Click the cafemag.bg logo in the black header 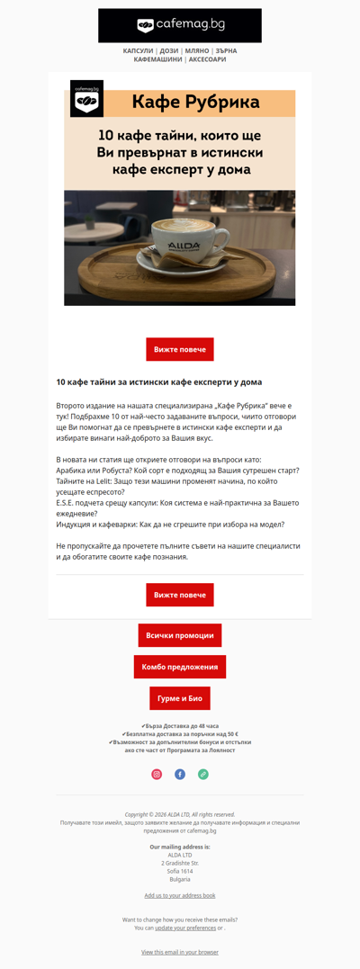(180, 25)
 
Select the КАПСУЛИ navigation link (138, 51)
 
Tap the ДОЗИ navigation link (169, 51)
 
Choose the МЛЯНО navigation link (196, 51)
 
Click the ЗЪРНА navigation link (226, 51)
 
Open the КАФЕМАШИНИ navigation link (157, 59)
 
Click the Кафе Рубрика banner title (195, 103)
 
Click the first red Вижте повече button (180, 349)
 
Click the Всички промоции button (180, 635)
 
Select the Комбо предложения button (180, 667)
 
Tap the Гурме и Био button (180, 698)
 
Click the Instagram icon (157, 774)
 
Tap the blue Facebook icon (180, 774)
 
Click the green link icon (203, 774)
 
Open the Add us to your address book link (180, 895)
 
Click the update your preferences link (185, 928)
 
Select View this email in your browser (180, 952)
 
